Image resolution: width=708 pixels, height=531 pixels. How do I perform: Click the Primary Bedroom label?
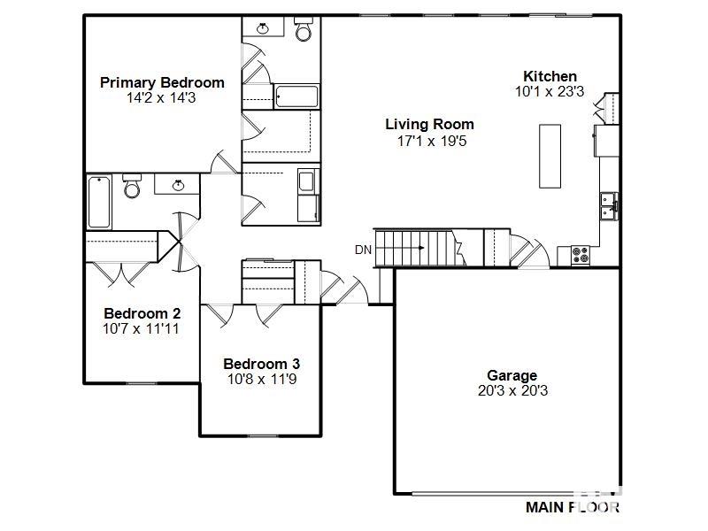coord(162,82)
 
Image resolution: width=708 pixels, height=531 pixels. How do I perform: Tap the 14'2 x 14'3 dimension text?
coord(161,98)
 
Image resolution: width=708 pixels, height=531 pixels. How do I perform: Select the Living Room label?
coord(429,124)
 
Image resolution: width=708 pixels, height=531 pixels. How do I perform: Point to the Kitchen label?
coord(550,76)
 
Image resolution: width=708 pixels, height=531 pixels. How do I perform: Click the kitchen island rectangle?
coord(550,157)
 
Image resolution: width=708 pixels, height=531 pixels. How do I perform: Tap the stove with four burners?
coord(581,255)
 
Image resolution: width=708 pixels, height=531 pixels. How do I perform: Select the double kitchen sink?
coord(609,206)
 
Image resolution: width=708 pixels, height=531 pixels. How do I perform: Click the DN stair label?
coord(363,250)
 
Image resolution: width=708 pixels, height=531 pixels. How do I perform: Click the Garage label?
coord(512,375)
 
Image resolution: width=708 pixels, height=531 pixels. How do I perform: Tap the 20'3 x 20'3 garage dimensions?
coord(512,390)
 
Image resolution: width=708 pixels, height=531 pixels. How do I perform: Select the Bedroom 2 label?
coord(142,313)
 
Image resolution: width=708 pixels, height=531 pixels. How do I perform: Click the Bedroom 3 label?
coord(261,364)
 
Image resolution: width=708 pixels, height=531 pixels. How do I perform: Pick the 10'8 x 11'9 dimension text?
coord(262,380)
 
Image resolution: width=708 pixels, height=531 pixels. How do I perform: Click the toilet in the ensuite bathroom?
coord(304,29)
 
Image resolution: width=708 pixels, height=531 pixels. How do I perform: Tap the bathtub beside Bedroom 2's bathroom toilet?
coord(99,202)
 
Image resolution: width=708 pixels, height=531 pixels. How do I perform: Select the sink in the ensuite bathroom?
coord(262,28)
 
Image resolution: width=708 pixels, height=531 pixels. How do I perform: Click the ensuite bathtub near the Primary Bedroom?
coord(296,96)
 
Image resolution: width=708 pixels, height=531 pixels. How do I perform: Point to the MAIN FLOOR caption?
coord(573,507)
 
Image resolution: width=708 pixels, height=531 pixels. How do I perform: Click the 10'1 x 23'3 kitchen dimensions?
coord(550,92)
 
